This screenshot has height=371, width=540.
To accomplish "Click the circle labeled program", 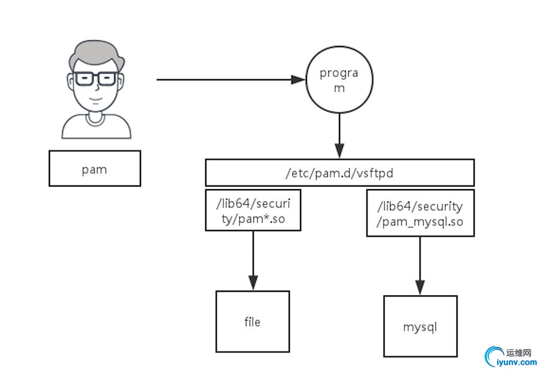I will pyautogui.click(x=339, y=80).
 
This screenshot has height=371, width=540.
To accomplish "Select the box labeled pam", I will pyautogui.click(x=94, y=168).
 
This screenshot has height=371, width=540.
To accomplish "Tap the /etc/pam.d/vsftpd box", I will pyautogui.click(x=340, y=173).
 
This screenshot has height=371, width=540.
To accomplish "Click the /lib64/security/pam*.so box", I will pyautogui.click(x=253, y=210).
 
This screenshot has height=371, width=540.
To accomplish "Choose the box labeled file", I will pyautogui.click(x=252, y=322).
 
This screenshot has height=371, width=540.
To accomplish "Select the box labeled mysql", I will pyautogui.click(x=420, y=326).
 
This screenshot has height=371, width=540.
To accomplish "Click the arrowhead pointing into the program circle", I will pyautogui.click(x=298, y=80).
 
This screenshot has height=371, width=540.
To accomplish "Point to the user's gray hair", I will pyautogui.click(x=96, y=54).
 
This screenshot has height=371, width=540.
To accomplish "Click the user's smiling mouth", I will pyautogui.click(x=96, y=100).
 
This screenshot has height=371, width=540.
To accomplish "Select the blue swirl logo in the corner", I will pyautogui.click(x=492, y=356).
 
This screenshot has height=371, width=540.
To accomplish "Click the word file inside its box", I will pyautogui.click(x=252, y=322).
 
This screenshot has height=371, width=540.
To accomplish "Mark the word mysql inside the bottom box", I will pyautogui.click(x=420, y=326).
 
